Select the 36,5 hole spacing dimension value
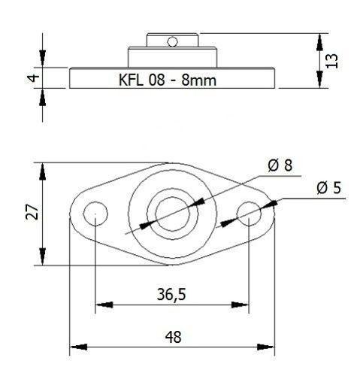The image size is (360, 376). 173,294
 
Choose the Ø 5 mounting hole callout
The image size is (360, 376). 328,188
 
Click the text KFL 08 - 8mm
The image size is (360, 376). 172,78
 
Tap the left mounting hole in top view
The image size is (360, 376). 95,214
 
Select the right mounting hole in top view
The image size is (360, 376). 248,214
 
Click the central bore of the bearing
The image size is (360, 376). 171,214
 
